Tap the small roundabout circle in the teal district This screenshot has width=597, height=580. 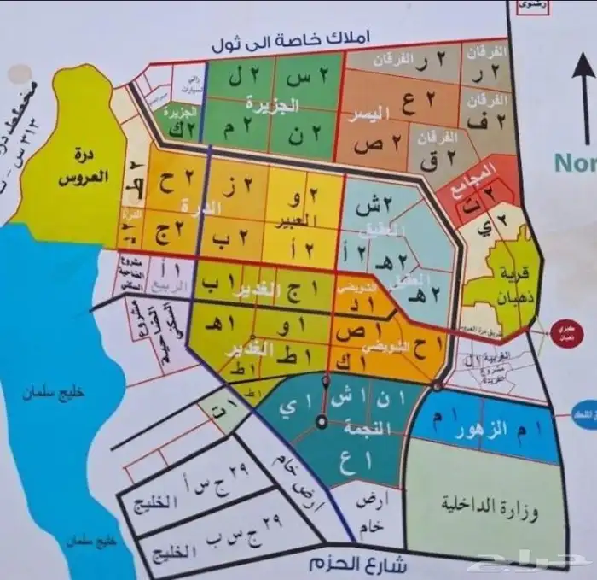tap(322, 420)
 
